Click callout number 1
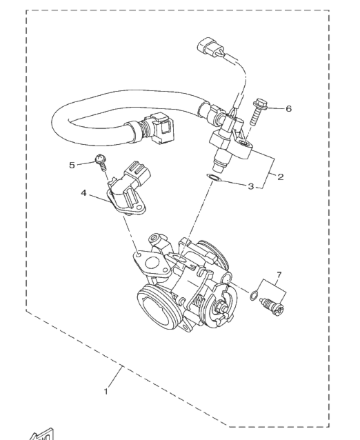click(x=106, y=391)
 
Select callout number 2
click(x=280, y=177)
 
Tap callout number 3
click(x=251, y=186)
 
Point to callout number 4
click(x=83, y=193)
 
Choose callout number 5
click(x=72, y=166)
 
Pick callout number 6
click(x=288, y=108)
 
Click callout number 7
click(x=279, y=274)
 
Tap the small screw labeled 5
click(x=101, y=162)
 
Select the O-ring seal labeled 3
click(x=214, y=178)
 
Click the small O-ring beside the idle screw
click(x=254, y=295)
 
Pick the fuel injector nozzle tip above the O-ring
click(x=220, y=167)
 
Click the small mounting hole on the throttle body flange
click(x=137, y=255)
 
